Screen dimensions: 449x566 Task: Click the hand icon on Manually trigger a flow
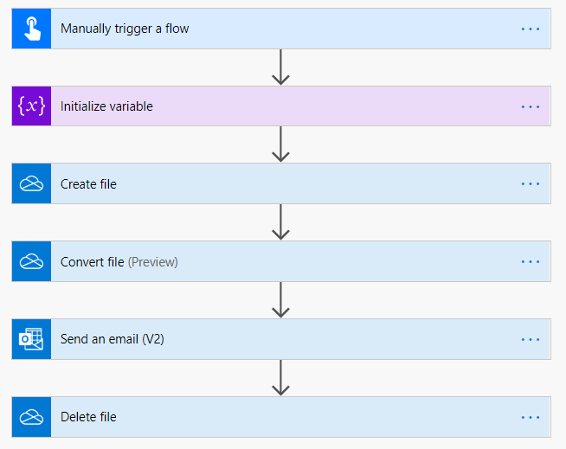(x=31, y=29)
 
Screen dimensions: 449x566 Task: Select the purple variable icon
(x=31, y=106)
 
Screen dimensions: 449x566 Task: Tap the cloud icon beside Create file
(x=31, y=184)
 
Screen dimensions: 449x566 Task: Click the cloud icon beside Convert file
(x=31, y=262)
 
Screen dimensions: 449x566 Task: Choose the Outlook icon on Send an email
(x=31, y=339)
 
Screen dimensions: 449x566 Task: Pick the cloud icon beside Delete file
(x=31, y=417)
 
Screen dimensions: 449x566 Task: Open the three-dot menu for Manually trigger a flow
(x=531, y=29)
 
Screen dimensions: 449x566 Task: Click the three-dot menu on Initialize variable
(x=531, y=106)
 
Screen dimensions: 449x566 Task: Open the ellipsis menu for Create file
(x=531, y=184)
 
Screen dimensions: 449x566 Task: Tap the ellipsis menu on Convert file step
(x=531, y=262)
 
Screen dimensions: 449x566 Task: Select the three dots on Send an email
(x=531, y=339)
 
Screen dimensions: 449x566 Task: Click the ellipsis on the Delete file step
(x=531, y=417)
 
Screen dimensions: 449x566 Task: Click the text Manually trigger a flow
(x=125, y=29)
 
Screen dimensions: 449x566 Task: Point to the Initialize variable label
(x=106, y=106)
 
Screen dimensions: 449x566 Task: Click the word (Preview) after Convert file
(x=153, y=262)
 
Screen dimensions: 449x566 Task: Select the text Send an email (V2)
(x=113, y=339)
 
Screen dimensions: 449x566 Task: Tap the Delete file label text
(x=88, y=417)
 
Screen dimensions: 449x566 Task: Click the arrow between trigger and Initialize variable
(x=280, y=67)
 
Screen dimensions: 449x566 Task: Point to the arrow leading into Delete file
(x=280, y=378)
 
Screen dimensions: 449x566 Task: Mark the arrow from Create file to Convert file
(x=280, y=223)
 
